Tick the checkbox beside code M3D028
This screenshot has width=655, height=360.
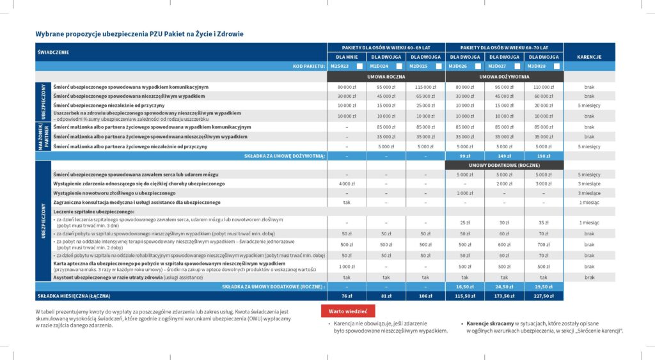556,67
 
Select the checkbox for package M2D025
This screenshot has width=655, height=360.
439,67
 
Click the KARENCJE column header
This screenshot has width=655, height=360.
588,57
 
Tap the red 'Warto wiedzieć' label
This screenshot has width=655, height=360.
347,311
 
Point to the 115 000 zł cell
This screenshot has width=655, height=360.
425,87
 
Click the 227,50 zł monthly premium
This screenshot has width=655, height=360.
543,295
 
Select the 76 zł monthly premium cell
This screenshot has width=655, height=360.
347,295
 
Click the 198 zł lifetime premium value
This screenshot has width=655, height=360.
543,155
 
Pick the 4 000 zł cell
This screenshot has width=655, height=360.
347,184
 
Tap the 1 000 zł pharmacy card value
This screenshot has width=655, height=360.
347,266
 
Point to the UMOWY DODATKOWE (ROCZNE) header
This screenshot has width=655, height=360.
505,165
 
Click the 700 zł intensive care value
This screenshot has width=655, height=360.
543,244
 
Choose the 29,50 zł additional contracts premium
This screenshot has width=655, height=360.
543,286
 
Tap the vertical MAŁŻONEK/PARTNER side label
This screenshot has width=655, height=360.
43,137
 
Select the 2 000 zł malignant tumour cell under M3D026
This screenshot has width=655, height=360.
464,193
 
